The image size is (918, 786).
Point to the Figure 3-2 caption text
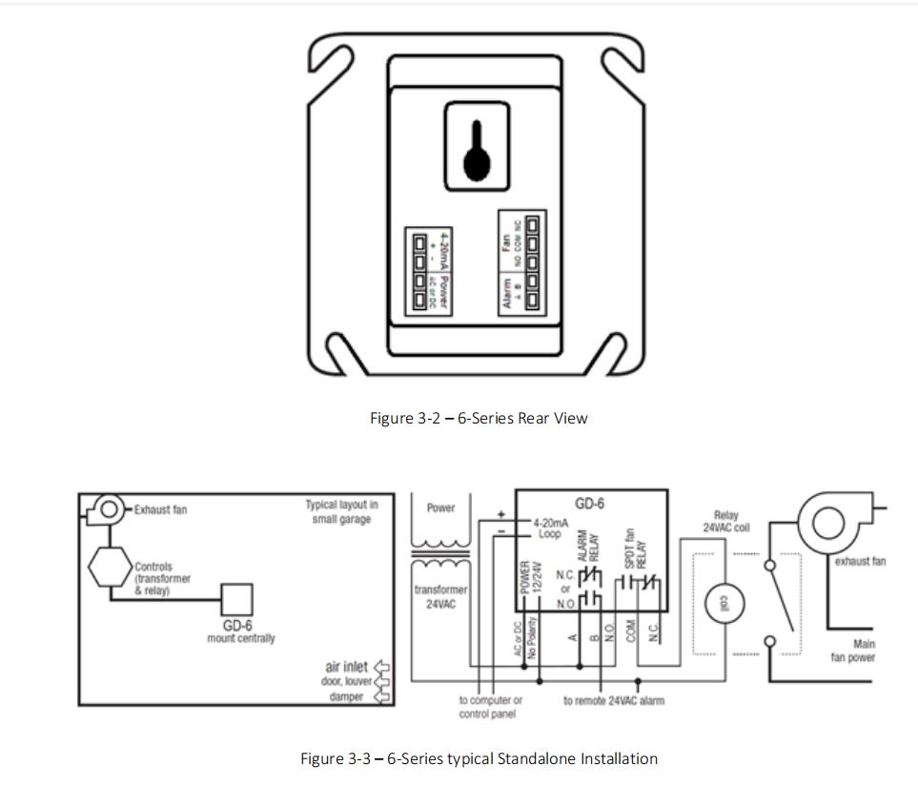(x=479, y=418)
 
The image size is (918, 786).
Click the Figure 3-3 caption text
(x=479, y=759)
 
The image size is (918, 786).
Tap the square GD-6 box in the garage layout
(x=237, y=600)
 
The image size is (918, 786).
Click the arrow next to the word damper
(x=385, y=697)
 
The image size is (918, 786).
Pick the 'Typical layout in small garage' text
(x=342, y=511)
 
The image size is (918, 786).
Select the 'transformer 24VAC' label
(x=440, y=596)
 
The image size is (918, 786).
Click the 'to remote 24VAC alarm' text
(x=614, y=700)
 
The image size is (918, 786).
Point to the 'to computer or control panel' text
(x=490, y=706)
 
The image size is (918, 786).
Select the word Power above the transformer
(x=440, y=508)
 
